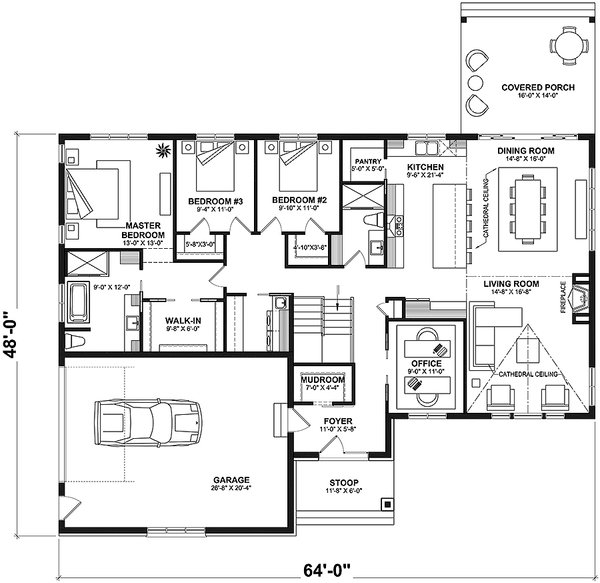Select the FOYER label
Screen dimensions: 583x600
pos(332,423)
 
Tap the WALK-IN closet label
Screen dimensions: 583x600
pos(184,321)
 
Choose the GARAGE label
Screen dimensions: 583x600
pos(231,479)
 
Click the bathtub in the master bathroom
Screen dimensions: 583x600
pos(80,300)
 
